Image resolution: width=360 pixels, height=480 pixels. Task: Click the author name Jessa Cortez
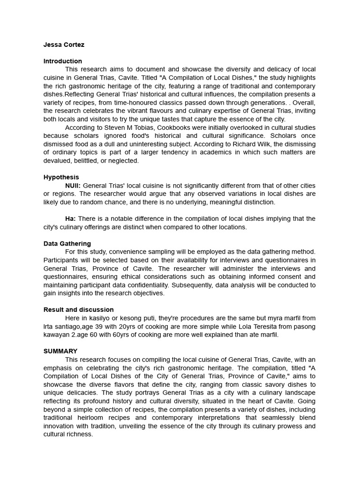[64, 45]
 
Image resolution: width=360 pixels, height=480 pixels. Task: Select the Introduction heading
[63, 61]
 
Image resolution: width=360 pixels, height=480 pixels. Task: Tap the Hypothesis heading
[61, 177]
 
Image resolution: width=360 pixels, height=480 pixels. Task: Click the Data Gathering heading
[67, 244]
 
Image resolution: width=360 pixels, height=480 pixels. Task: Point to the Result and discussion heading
[79, 309]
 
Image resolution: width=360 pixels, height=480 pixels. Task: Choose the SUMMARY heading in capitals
[60, 351]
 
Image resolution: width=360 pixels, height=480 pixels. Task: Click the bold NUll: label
[73, 186]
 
